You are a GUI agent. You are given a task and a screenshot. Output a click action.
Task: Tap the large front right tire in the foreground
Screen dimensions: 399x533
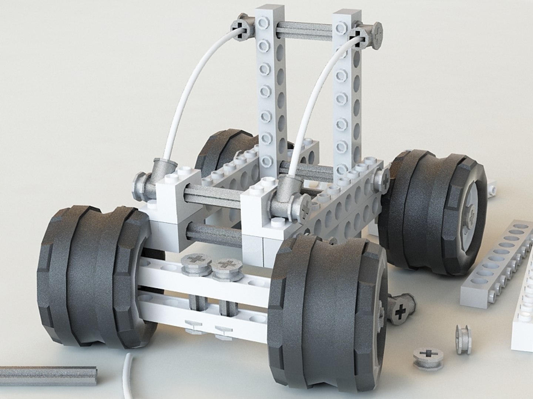tap(326, 318)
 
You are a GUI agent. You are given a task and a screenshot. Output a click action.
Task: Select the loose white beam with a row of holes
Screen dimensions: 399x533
tap(496, 266)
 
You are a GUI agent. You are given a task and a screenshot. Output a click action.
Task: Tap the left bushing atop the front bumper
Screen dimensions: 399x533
tap(195, 264)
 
